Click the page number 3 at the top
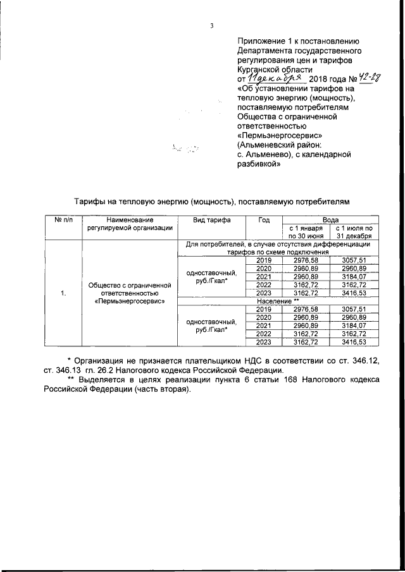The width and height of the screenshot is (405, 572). [x=213, y=26]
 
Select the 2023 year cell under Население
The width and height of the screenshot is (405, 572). [x=264, y=342]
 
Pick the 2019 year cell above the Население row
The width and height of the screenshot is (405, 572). [x=264, y=260]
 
